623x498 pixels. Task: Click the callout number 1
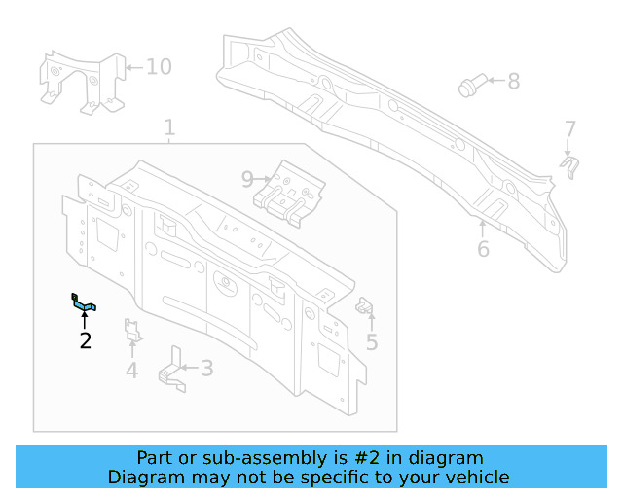(169, 127)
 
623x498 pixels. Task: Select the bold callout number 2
(86, 340)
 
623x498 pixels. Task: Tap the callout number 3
(206, 368)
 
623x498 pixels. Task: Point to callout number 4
(131, 370)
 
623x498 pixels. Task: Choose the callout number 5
(372, 341)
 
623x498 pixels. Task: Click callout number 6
(483, 249)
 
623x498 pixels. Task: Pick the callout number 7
(570, 128)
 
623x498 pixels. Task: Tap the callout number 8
(513, 82)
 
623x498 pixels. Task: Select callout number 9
(247, 178)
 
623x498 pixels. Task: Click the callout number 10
(158, 66)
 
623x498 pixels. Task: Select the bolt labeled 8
(469, 87)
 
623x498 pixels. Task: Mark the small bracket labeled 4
(132, 332)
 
